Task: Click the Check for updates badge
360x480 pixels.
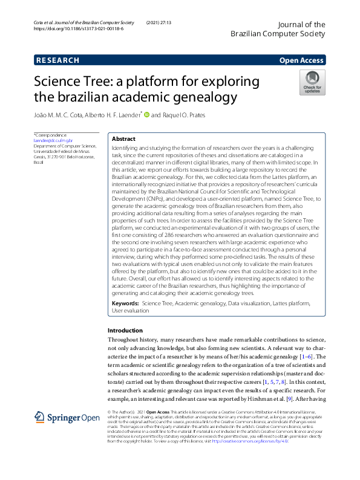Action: (x=312, y=82)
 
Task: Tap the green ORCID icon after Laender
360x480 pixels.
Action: (x=146, y=114)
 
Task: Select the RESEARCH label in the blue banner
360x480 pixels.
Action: (x=57, y=60)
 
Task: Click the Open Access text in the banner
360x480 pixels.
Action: (x=301, y=60)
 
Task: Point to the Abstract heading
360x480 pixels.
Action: (x=123, y=138)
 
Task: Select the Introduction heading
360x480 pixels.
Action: (x=125, y=331)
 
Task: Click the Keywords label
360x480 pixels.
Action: (x=125, y=302)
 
